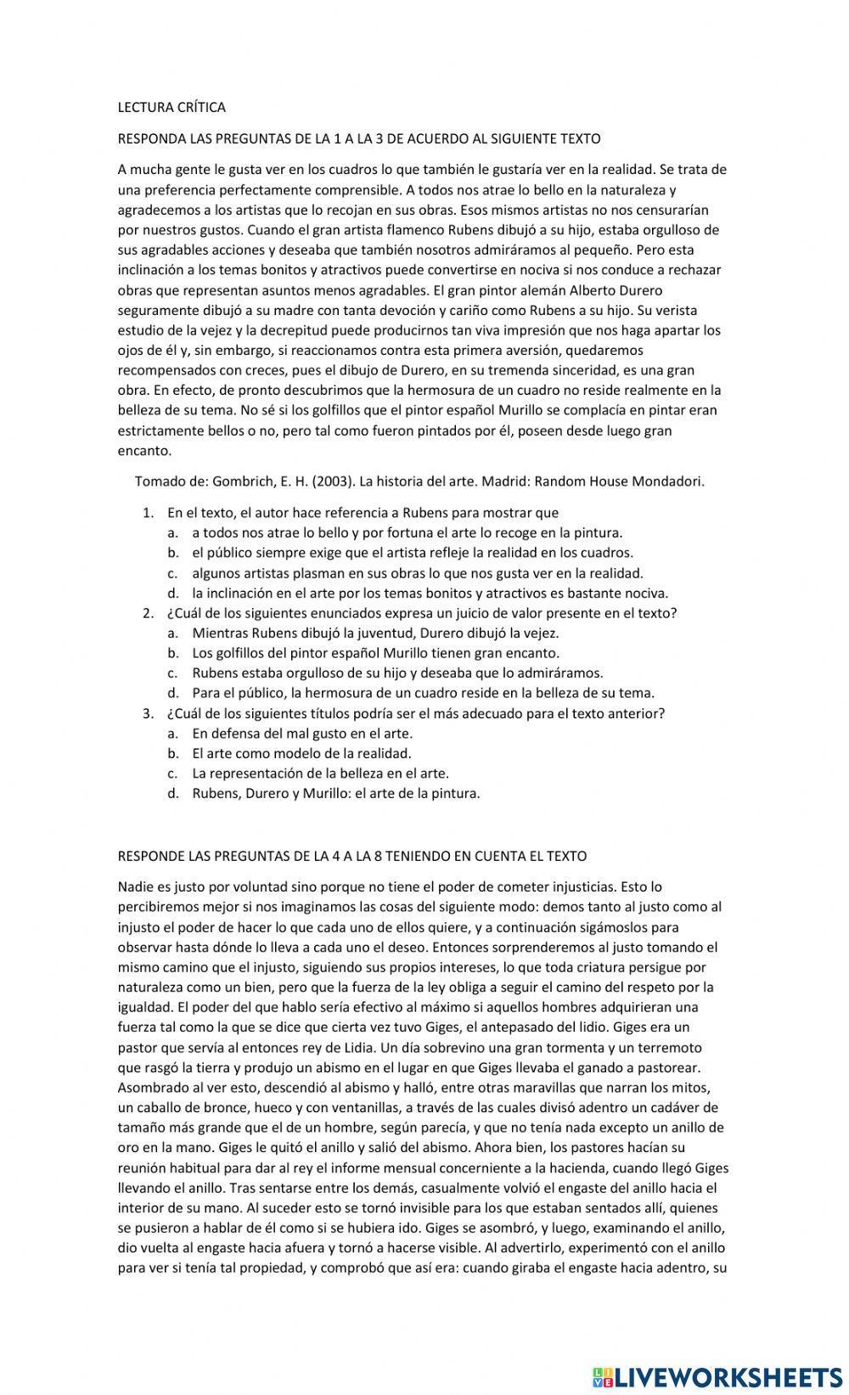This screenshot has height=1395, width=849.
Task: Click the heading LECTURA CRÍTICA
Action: point(171,107)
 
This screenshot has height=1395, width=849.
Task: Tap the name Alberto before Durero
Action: point(597,290)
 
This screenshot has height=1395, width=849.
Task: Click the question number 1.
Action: point(148,513)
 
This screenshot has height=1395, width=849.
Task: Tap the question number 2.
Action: point(148,613)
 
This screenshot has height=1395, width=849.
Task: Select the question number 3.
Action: point(148,713)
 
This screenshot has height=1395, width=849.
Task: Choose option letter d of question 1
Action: point(172,593)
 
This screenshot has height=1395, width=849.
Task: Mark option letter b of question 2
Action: point(172,653)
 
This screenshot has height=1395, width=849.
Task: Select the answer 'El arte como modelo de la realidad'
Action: point(301,753)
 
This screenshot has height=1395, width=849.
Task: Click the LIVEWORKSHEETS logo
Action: point(713,1377)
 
